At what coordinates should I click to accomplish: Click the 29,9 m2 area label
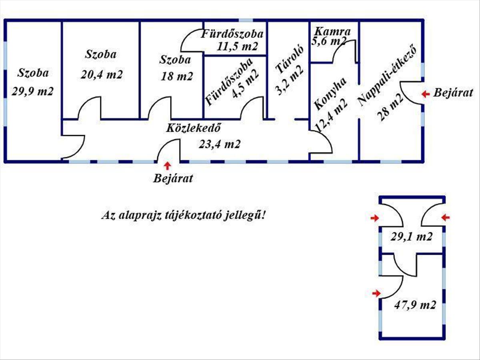coord(32,91)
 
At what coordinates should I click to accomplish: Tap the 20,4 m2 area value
coord(102,74)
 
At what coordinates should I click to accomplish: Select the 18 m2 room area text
coord(177,76)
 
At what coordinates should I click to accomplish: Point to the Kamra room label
coord(332,32)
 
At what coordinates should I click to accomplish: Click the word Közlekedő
coord(193,128)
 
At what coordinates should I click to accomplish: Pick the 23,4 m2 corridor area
coord(220,144)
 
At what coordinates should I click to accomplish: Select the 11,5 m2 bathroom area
coord(237,46)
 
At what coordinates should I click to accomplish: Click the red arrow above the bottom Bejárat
coord(168,166)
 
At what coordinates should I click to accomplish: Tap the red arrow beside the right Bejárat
coord(426,94)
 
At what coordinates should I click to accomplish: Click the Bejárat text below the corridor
coord(173,178)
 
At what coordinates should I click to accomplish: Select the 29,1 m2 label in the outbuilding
coord(412,236)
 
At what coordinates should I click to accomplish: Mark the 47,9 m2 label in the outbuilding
coord(415,305)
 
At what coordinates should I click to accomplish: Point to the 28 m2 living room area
coord(390,107)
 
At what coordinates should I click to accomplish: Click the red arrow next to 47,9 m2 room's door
coord(376,293)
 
